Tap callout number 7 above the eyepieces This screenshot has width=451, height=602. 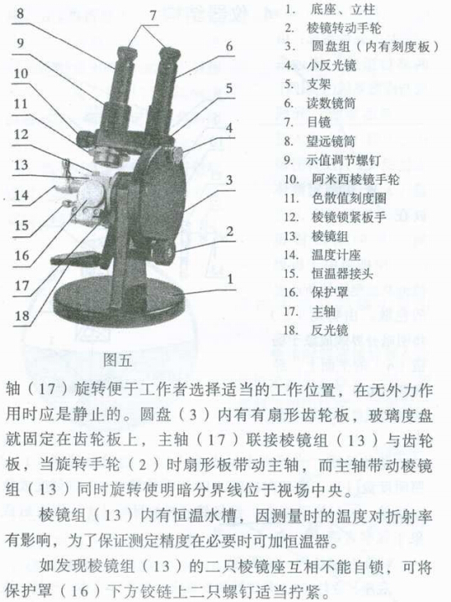click(x=152, y=14)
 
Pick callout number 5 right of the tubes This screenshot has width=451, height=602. click(x=229, y=86)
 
